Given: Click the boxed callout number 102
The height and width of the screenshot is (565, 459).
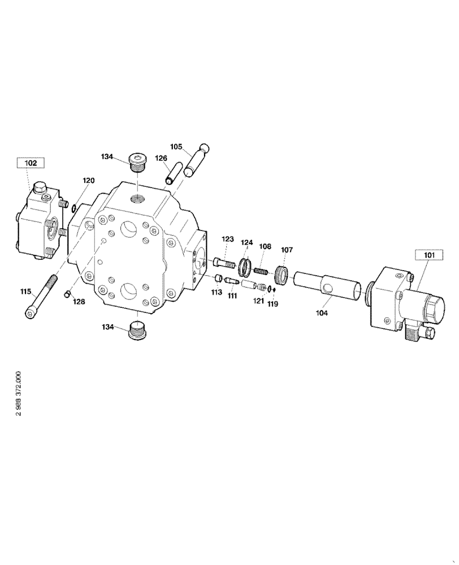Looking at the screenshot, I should point(31,163).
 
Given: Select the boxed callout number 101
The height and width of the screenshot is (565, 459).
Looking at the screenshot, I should point(430,255).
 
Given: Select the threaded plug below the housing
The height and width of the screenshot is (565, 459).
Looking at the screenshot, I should point(138,331).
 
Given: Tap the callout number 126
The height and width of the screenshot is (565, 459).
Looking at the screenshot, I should point(162,158).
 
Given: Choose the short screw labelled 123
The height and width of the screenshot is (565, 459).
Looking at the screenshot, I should point(224,262).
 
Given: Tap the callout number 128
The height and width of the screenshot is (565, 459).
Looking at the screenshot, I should point(79,302).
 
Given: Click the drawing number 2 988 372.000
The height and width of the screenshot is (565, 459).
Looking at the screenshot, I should point(19,394).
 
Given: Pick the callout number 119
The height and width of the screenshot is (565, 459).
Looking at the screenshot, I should point(274,304).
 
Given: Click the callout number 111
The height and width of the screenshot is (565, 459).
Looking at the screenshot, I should point(232,295).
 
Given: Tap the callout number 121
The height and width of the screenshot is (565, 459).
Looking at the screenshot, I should point(258,301).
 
